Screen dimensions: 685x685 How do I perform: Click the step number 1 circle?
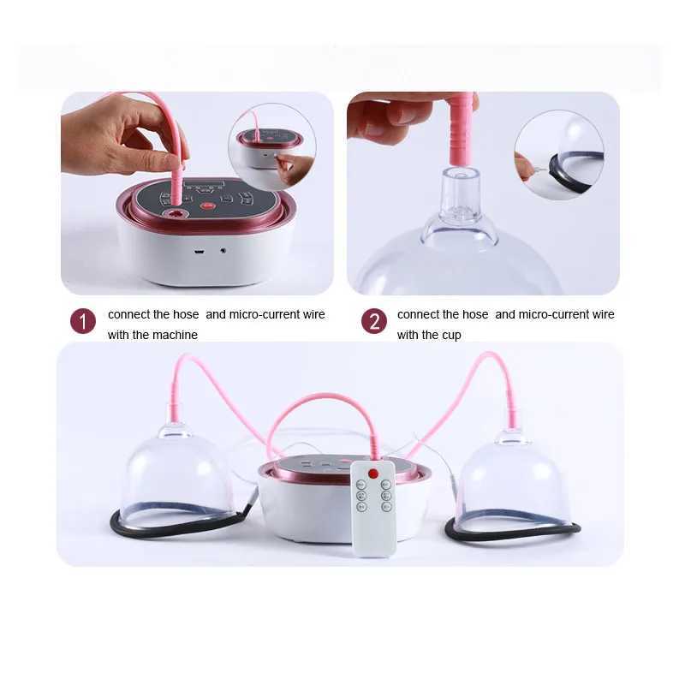(x=83, y=321)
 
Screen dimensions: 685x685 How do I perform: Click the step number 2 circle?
(x=374, y=321)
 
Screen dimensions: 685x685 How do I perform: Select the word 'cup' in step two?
(x=450, y=336)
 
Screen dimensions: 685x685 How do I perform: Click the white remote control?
(x=374, y=509)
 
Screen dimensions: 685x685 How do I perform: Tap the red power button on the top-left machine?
(x=206, y=205)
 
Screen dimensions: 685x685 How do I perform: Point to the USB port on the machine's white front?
(x=199, y=252)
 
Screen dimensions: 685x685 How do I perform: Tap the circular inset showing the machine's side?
(x=272, y=146)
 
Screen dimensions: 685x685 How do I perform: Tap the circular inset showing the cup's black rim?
(x=559, y=155)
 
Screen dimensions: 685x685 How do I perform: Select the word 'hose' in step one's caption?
(x=186, y=314)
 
